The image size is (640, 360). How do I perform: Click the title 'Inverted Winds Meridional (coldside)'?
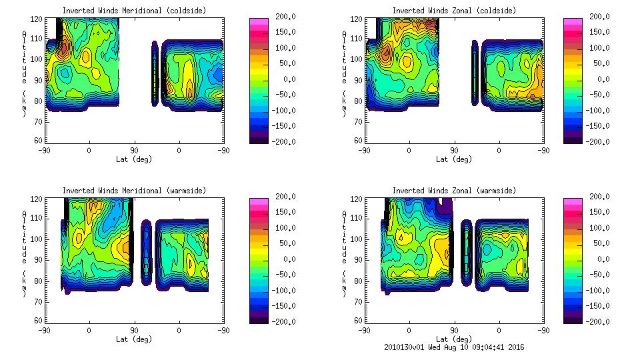[134, 11]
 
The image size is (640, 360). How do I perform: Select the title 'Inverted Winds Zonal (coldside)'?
[454, 11]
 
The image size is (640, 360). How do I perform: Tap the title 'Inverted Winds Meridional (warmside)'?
[134, 191]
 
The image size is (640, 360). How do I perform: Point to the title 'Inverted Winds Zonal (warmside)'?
[454, 191]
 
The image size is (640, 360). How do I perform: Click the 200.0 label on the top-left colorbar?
[286, 17]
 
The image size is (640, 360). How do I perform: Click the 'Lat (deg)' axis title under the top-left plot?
[134, 159]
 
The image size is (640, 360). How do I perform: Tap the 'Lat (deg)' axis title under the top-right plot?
[454, 159]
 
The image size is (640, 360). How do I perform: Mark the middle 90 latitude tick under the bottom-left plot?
[134, 330]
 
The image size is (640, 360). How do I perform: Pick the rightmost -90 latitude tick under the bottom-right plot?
[544, 330]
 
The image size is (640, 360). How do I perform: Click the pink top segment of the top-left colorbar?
[259, 21]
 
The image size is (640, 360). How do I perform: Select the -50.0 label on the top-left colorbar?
[287, 95]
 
